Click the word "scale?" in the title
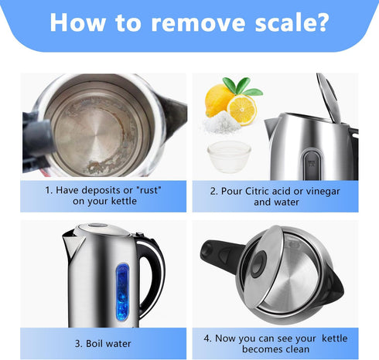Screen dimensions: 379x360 (292, 22)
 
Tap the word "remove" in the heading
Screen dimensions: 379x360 (198, 23)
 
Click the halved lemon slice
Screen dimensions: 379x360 (242, 110)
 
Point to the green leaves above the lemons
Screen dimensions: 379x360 (241, 87)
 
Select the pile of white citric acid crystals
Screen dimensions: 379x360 (222, 123)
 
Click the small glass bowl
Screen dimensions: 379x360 (229, 157)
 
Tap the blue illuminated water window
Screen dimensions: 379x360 (122, 292)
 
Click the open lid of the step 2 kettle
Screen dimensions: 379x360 (329, 97)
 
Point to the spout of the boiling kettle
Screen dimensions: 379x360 (73, 246)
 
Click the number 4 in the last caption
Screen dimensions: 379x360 (207, 338)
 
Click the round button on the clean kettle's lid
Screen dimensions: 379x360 (258, 263)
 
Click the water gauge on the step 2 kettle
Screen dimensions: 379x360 (312, 165)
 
